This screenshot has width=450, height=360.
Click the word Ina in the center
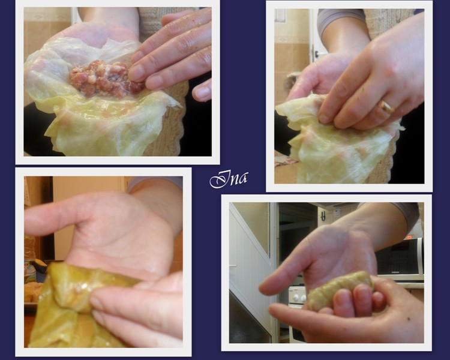229,179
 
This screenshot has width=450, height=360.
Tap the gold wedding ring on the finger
387,107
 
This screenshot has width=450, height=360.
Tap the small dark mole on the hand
409,319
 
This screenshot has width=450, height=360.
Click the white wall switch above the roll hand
337,213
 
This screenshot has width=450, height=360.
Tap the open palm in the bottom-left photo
121,238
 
